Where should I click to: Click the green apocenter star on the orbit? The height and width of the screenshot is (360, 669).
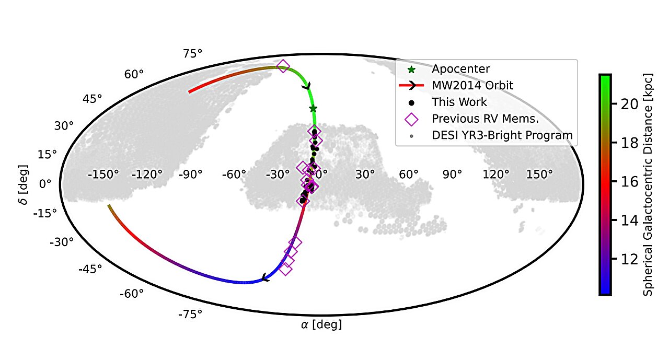point(313,109)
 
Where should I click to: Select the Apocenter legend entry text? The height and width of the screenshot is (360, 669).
point(461,69)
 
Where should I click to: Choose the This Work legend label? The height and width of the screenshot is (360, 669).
point(459,102)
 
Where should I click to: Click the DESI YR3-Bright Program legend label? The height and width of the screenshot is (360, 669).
point(502,135)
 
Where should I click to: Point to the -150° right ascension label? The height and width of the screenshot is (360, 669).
point(103,175)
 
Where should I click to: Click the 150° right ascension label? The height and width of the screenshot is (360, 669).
point(540,175)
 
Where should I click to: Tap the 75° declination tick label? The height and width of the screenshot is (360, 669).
point(192,53)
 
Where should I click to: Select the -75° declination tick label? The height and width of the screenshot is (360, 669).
point(190,313)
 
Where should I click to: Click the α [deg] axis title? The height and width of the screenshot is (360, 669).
point(321,325)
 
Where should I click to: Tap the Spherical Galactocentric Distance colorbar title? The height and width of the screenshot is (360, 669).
point(648,185)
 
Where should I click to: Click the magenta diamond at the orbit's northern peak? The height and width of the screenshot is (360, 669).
point(283,66)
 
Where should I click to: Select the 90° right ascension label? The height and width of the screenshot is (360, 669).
point(453,175)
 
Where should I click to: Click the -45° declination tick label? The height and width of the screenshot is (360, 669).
point(90,269)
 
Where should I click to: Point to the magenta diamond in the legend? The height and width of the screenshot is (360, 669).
point(412,119)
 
